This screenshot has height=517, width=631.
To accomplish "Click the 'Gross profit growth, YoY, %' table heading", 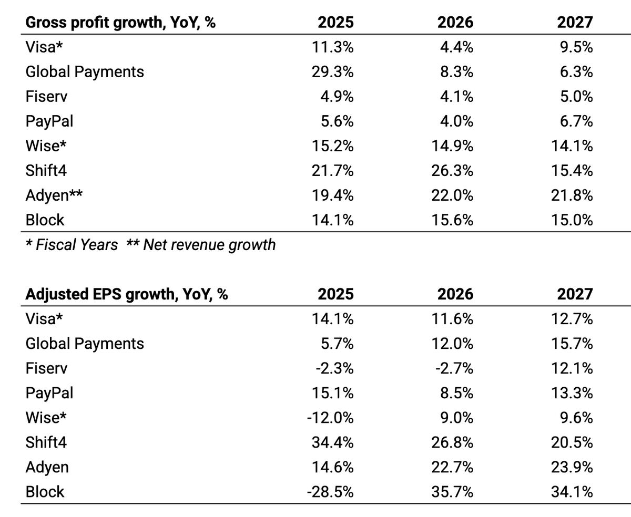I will [120, 22].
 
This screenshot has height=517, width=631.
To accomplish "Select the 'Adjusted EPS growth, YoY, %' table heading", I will [126, 294].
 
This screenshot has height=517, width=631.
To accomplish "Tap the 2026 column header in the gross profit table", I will [455, 22].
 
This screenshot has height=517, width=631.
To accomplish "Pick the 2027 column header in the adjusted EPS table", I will [575, 294].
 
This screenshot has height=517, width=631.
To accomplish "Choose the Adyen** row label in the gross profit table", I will [54, 195].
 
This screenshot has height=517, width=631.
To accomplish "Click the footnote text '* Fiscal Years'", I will [72, 244].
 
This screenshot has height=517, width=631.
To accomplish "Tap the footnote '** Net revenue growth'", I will [201, 244].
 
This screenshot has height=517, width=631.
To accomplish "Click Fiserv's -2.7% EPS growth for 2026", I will [455, 368].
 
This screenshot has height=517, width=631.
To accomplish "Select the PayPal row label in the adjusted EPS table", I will [49, 393].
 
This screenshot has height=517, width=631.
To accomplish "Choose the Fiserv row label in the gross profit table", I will [46, 96].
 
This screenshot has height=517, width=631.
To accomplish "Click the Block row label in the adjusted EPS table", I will [45, 492].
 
